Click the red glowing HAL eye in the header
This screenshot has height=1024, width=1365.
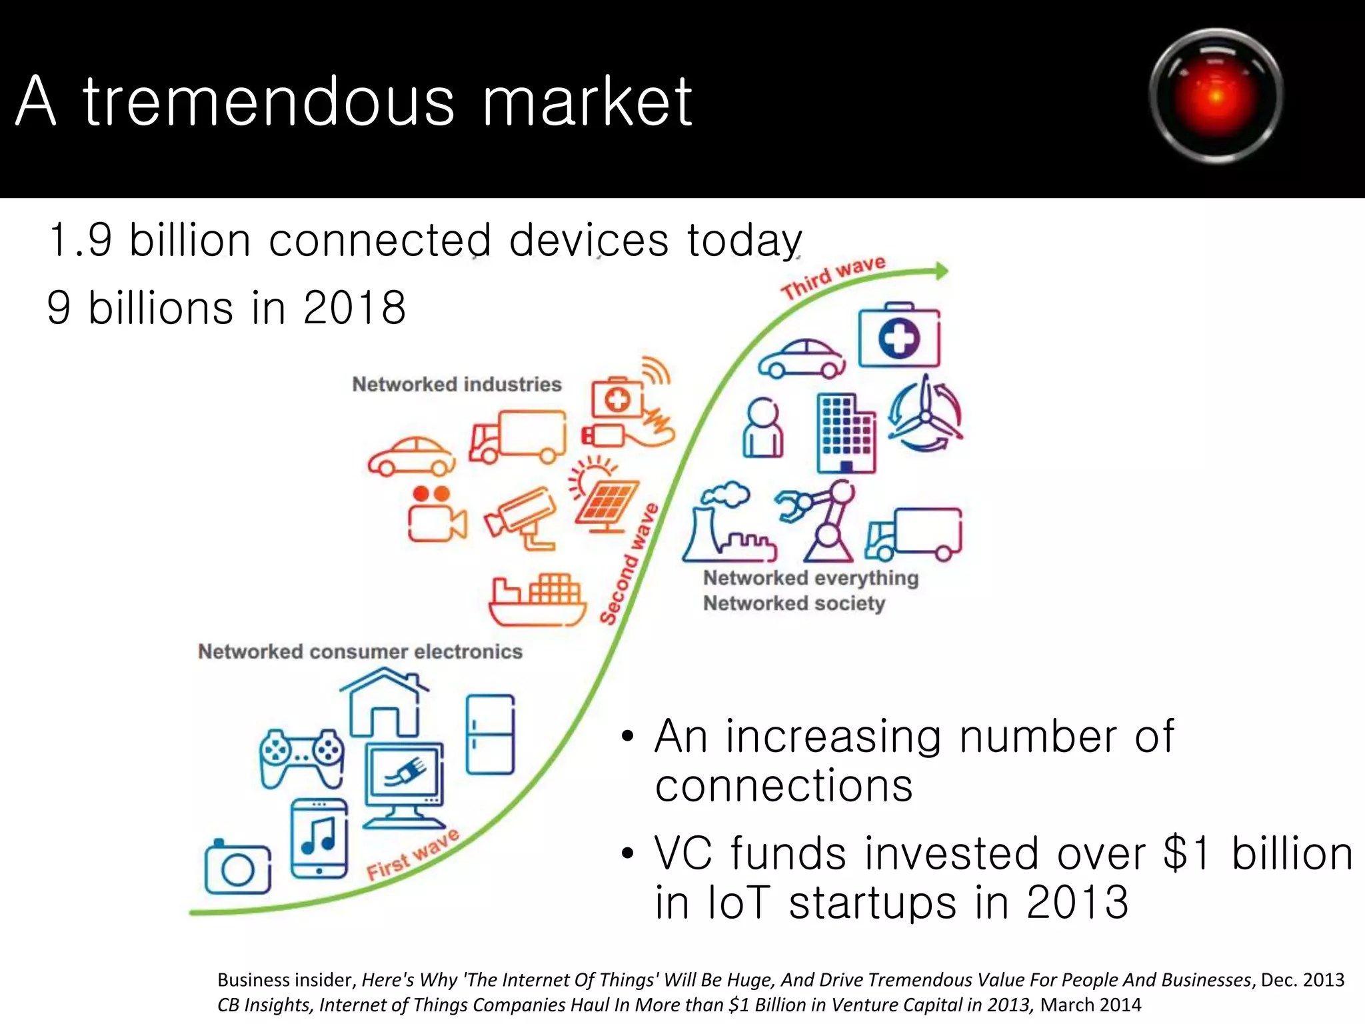[x=1216, y=95]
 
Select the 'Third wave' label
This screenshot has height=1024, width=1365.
[x=833, y=277]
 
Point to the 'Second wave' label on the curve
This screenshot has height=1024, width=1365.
[x=629, y=564]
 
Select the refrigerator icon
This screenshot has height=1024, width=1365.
[x=491, y=734]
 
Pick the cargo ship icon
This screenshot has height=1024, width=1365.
[x=537, y=599]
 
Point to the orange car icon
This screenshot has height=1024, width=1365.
[x=412, y=457]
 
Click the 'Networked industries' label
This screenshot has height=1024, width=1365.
[x=457, y=385]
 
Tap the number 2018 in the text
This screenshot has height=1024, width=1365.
[x=354, y=308]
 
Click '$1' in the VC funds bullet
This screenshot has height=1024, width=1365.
[x=1187, y=853]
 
